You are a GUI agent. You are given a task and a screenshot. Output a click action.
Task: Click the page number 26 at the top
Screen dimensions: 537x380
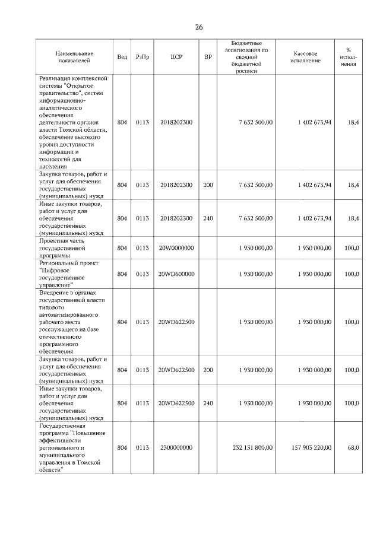pyautogui.click(x=199, y=27)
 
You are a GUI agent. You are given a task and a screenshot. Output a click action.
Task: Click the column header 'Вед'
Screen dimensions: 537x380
pyautogui.click(x=122, y=57)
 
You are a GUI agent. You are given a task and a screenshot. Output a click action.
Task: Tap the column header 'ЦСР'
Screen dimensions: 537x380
pyautogui.click(x=176, y=57)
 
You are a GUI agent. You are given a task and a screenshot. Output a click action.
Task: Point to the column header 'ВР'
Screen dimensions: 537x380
pyautogui.click(x=208, y=57)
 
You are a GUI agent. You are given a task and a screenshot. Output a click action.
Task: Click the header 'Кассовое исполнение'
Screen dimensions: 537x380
pyautogui.click(x=306, y=57)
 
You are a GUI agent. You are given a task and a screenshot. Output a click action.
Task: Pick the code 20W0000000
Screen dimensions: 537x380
pyautogui.click(x=176, y=247)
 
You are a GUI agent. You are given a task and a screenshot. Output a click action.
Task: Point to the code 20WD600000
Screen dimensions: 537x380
pyautogui.click(x=176, y=274)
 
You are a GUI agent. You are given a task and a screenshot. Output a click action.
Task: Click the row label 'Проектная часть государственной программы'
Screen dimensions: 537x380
pyautogui.click(x=66, y=247)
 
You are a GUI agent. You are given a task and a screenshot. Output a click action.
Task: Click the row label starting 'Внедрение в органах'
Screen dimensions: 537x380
pyautogui.click(x=72, y=322)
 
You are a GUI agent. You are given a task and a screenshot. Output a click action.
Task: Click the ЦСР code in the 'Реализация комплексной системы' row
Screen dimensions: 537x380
pyautogui.click(x=176, y=122)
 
